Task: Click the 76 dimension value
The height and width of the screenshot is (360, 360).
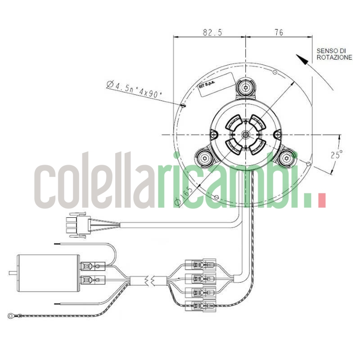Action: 279,32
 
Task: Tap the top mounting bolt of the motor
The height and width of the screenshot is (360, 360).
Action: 245,86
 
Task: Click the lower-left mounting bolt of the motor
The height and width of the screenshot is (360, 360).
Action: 205,158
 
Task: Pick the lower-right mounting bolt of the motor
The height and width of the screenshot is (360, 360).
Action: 286,158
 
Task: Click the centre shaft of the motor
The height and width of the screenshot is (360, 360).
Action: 245,135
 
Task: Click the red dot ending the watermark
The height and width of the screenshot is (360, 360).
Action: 321,201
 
